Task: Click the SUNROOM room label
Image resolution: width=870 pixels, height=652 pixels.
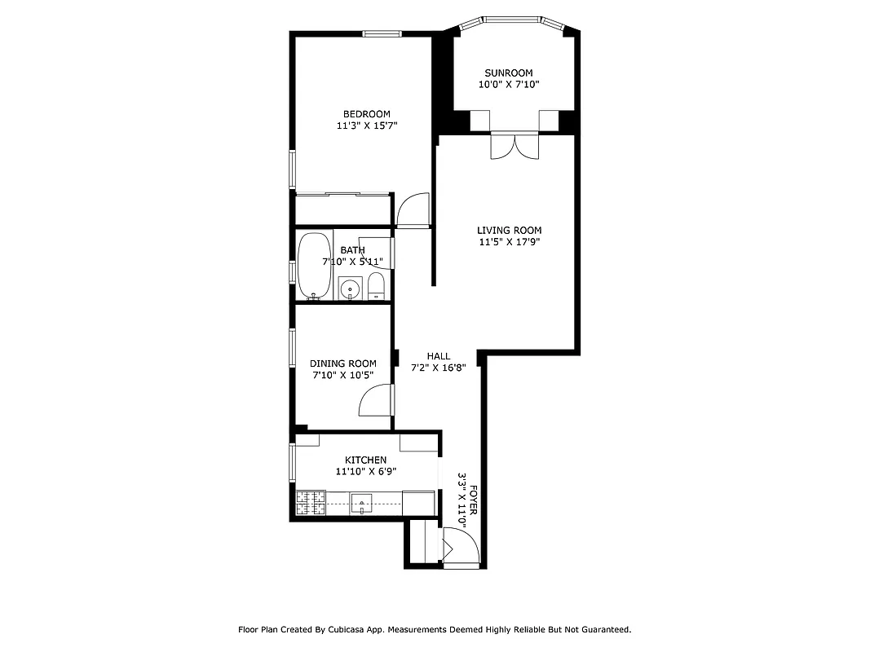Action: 508,73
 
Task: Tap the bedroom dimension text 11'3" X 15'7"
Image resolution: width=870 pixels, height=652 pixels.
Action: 366,126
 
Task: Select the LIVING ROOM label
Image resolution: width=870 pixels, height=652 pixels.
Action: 509,230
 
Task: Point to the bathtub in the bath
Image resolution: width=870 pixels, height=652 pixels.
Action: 313,266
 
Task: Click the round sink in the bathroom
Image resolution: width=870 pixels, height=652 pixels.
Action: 351,288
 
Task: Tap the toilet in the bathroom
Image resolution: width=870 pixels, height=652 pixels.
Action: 376,287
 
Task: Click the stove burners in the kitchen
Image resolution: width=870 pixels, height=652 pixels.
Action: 310,503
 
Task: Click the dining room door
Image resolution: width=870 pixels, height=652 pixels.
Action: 377,400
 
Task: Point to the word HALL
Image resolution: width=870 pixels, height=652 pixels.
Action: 439,356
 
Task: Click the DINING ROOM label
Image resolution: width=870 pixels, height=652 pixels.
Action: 342,363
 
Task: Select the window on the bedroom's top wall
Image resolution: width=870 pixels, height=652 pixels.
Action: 382,33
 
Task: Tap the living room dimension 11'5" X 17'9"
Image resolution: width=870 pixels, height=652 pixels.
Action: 509,241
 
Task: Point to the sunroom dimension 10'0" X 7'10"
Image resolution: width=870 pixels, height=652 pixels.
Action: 508,84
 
